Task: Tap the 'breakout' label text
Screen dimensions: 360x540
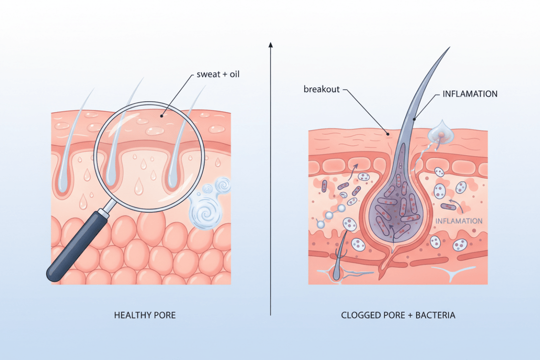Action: pyautogui.click(x=322, y=89)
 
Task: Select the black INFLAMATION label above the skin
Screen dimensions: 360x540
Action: pyautogui.click(x=470, y=93)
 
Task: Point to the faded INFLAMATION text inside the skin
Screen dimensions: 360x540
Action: pyautogui.click(x=459, y=221)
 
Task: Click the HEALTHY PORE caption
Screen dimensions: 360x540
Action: pyautogui.click(x=145, y=315)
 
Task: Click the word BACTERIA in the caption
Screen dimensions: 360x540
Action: pyautogui.click(x=435, y=315)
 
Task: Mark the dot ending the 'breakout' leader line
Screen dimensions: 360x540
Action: pyautogui.click(x=388, y=133)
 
